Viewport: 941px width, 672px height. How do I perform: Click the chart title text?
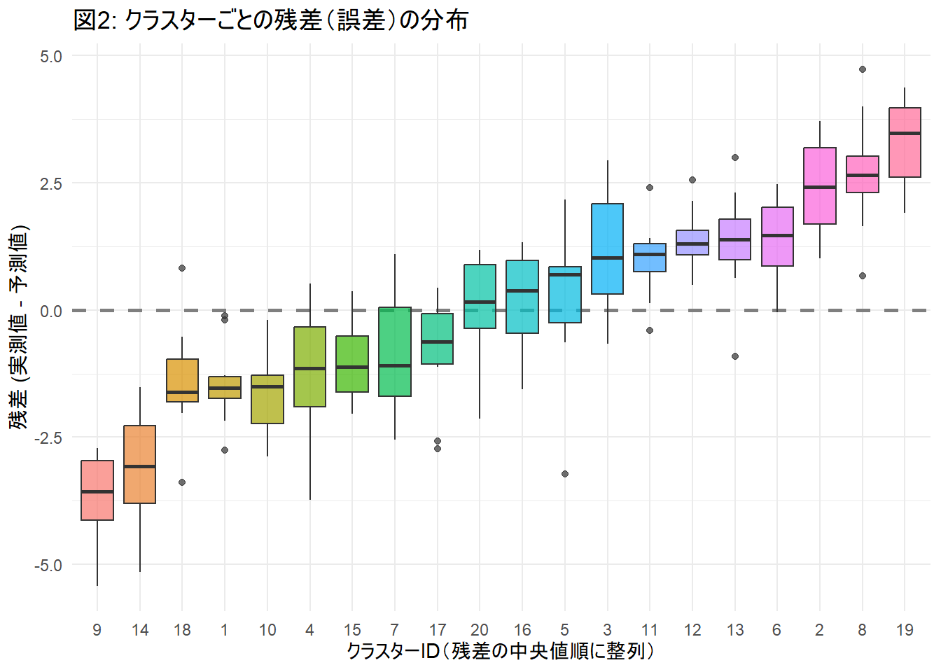pyautogui.click(x=270, y=20)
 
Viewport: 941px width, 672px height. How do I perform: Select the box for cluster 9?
pyautogui.click(x=97, y=490)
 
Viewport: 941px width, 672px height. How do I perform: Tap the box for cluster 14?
pyautogui.click(x=140, y=464)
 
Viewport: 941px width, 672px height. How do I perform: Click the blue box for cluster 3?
pyautogui.click(x=607, y=248)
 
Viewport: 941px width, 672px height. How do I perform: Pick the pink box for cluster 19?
pyautogui.click(x=905, y=142)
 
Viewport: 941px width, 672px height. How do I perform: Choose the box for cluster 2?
pyautogui.click(x=819, y=185)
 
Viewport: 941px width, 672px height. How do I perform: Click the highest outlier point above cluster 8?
pyautogui.click(x=863, y=69)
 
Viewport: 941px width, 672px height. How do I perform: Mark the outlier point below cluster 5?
pyautogui.click(x=565, y=474)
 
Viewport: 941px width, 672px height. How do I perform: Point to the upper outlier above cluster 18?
pyautogui.click(x=182, y=268)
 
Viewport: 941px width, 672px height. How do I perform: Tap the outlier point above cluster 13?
pyautogui.click(x=735, y=157)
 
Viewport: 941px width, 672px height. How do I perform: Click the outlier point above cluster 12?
pyautogui.click(x=692, y=180)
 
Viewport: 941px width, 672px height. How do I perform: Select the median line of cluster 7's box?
pyautogui.click(x=395, y=365)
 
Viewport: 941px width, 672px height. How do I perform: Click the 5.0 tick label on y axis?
pyautogui.click(x=50, y=57)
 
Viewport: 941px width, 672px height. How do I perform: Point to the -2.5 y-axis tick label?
pyautogui.click(x=48, y=438)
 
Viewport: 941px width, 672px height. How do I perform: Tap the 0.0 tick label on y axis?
pyautogui.click(x=50, y=311)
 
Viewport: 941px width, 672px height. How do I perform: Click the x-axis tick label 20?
pyautogui.click(x=480, y=630)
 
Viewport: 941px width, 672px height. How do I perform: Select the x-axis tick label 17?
pyautogui.click(x=438, y=630)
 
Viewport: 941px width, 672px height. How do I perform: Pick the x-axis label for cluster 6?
pyautogui.click(x=776, y=630)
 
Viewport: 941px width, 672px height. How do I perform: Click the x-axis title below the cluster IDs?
pyautogui.click(x=501, y=652)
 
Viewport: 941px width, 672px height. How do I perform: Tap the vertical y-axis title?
pyautogui.click(x=19, y=327)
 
